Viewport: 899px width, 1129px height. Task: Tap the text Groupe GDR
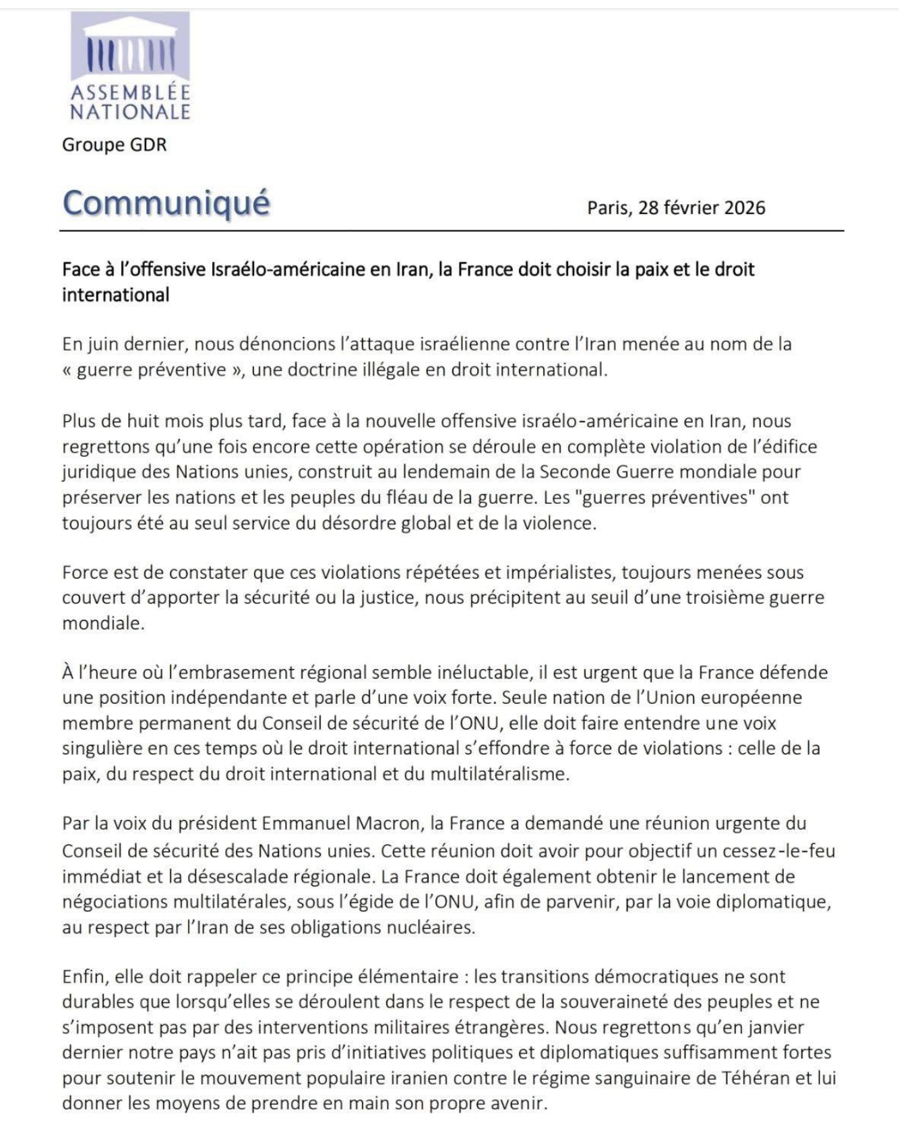[x=114, y=145]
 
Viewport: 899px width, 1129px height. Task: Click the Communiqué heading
[x=166, y=203]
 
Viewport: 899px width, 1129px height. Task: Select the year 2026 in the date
[x=744, y=207]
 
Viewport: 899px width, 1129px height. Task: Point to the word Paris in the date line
[x=607, y=207]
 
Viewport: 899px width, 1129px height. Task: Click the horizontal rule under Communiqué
[x=452, y=231]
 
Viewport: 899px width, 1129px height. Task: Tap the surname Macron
[x=387, y=823]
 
